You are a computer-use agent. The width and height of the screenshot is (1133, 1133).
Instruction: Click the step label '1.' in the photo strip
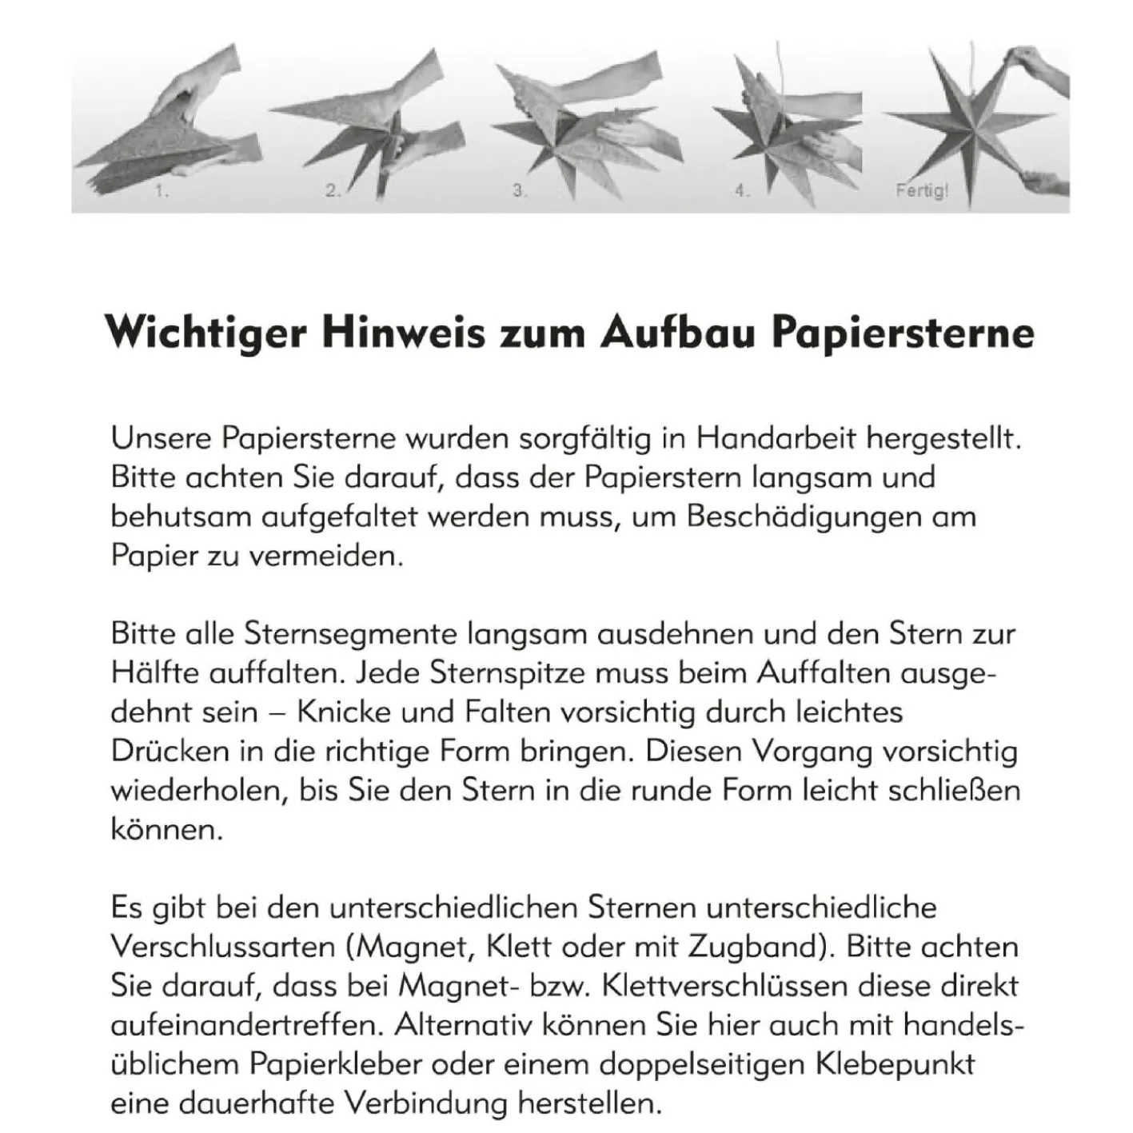click(x=162, y=193)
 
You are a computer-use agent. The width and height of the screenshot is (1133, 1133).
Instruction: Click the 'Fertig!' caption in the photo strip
click(x=922, y=191)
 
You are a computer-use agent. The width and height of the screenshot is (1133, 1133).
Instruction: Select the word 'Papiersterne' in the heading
click(x=903, y=333)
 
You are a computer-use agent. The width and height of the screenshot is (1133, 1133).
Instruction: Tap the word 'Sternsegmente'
click(x=351, y=634)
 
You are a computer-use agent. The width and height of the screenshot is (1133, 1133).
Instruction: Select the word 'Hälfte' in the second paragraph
click(x=155, y=673)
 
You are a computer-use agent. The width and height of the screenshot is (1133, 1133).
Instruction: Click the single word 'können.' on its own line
click(x=166, y=830)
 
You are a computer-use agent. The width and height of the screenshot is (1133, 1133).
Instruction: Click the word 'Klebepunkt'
click(x=895, y=1065)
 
